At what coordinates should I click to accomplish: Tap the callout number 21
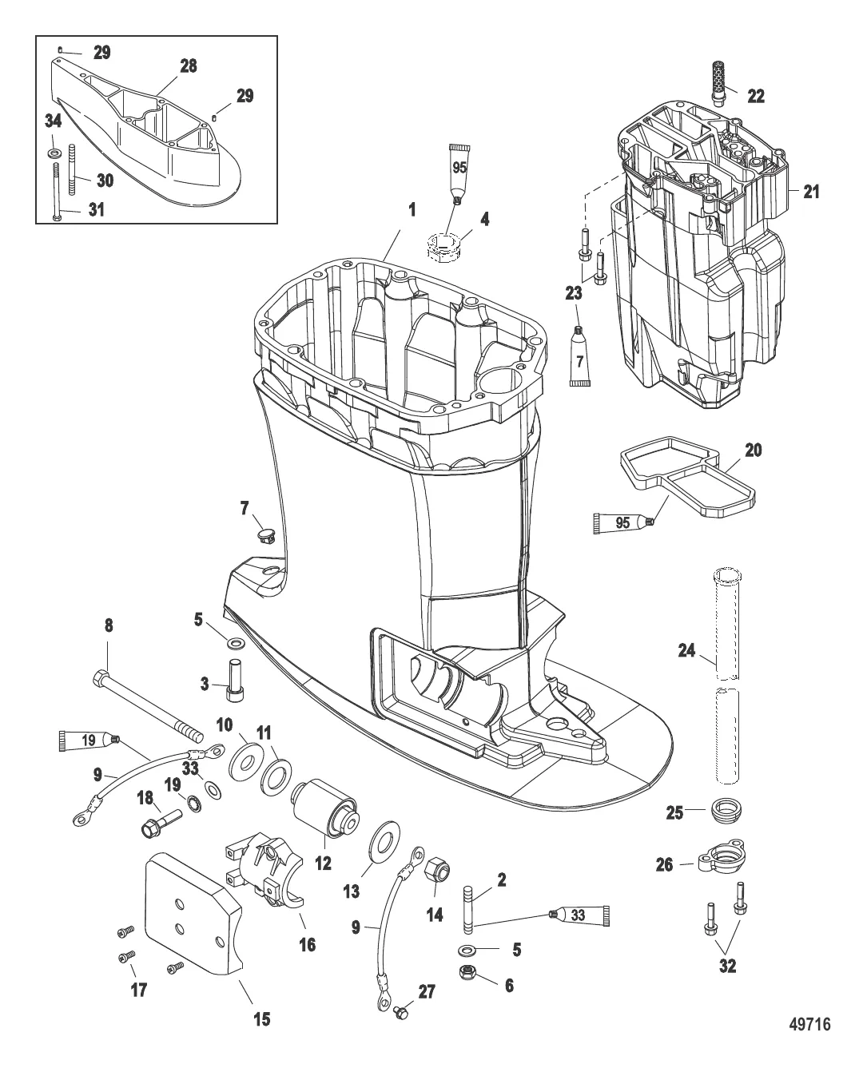(x=810, y=192)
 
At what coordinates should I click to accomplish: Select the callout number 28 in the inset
(x=188, y=66)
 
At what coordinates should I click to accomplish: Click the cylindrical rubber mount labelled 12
(x=325, y=808)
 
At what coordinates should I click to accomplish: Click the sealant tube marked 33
(x=579, y=915)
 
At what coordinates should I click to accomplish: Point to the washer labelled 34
(x=54, y=152)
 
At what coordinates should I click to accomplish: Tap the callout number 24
(x=686, y=650)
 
